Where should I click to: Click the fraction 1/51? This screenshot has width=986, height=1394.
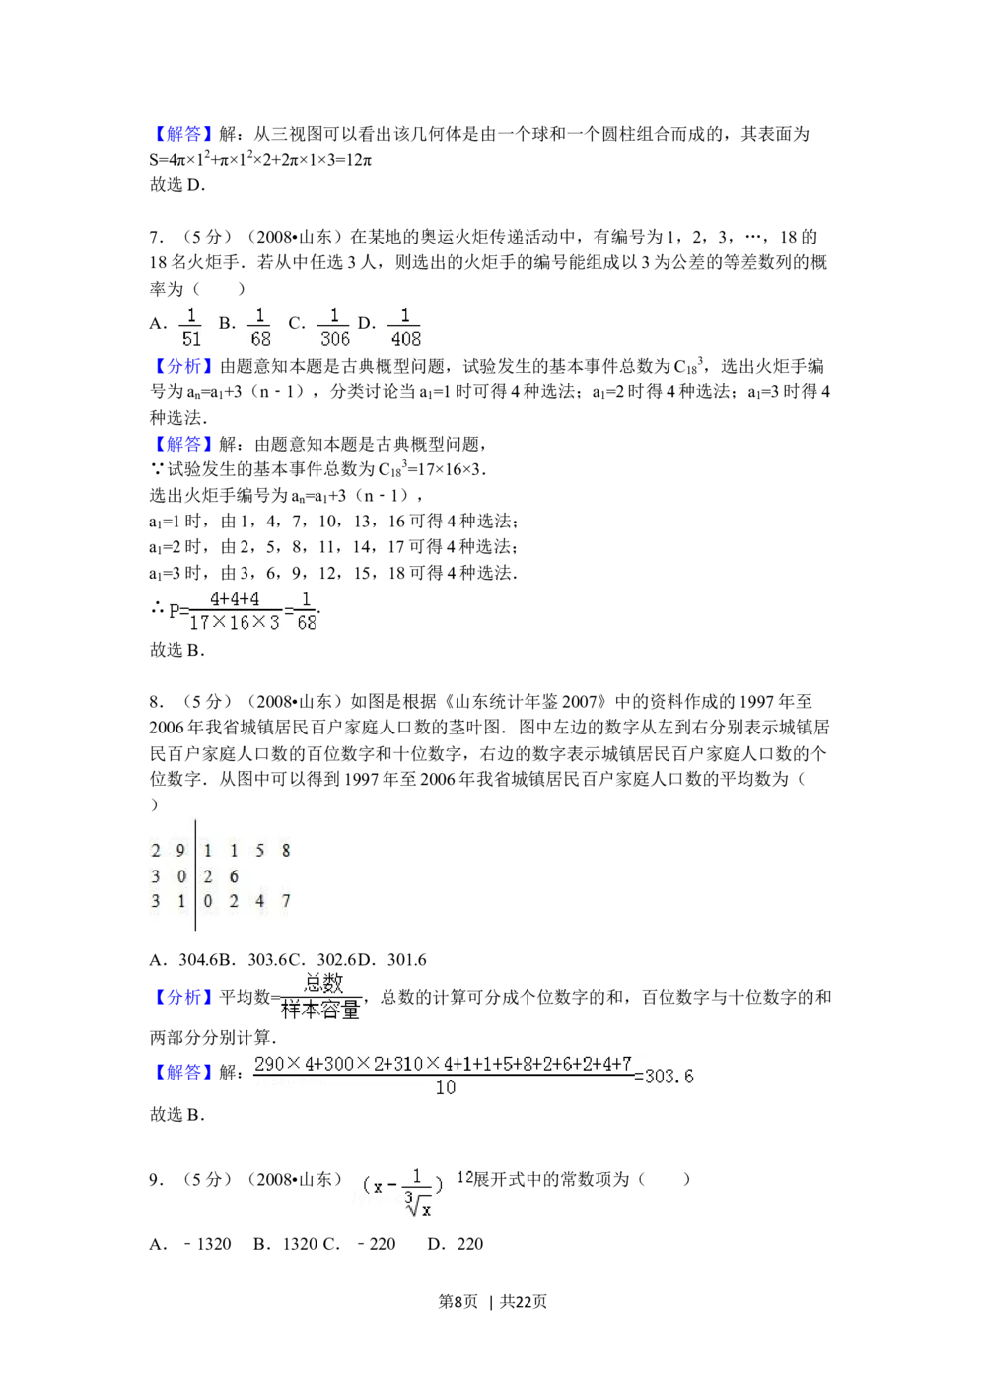point(190,327)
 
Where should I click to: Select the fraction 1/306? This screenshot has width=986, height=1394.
point(335,327)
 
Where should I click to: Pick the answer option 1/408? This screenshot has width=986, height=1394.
point(405,327)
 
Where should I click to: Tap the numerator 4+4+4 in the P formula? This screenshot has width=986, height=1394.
point(235,599)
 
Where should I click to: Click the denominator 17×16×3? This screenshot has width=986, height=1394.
point(235,623)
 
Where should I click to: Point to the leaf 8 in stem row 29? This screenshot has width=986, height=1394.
point(285,851)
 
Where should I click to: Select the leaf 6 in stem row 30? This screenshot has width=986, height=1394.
point(234,876)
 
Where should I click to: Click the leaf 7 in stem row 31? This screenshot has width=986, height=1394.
point(285,901)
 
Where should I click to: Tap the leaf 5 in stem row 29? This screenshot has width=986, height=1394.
point(259,851)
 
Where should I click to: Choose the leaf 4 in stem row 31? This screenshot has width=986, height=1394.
point(259,901)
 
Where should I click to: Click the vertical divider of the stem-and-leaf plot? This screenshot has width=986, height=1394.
point(194,875)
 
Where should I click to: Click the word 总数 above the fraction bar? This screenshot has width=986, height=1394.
point(323,983)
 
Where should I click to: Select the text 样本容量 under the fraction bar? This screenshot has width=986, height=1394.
point(320,1011)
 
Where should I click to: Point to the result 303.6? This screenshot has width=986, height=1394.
point(669,1077)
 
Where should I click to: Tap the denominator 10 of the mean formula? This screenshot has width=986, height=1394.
point(446,1088)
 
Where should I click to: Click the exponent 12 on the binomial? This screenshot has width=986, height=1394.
point(464,1176)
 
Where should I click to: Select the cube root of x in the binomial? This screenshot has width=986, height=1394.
point(419,1205)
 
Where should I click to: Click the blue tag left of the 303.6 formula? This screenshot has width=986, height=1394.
point(182,1071)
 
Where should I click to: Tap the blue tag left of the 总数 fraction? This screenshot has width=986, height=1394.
point(182,998)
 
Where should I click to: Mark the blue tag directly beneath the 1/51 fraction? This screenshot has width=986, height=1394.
point(182,367)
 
